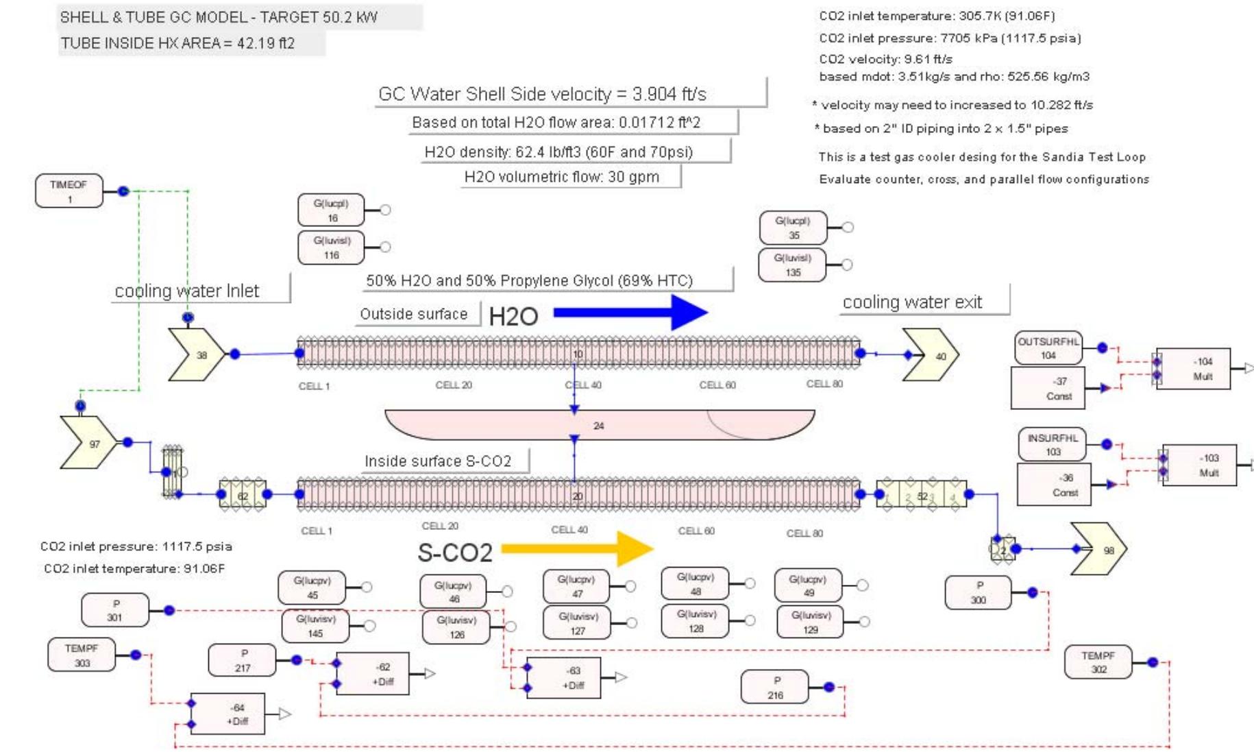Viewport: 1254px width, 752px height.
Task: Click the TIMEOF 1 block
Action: click(x=69, y=191)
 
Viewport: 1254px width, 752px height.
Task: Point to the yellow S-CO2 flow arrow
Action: click(x=576, y=548)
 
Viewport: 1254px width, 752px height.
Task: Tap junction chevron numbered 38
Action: click(x=196, y=355)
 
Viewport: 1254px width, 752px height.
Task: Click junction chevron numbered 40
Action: click(x=931, y=355)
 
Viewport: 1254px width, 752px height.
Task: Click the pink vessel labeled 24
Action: click(x=599, y=425)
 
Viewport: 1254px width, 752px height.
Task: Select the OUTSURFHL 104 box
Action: click(x=1048, y=348)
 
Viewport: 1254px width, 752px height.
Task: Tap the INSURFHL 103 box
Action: click(x=1052, y=444)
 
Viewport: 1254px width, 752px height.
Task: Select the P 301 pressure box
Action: click(x=114, y=610)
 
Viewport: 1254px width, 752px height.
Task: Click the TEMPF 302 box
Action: click(x=1098, y=662)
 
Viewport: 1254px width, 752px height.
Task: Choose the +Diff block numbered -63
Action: click(x=564, y=678)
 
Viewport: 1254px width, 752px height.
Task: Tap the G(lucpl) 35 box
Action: click(x=793, y=228)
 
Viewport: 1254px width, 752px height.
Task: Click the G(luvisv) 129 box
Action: click(x=810, y=622)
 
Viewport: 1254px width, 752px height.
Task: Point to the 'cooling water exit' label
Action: click(x=912, y=302)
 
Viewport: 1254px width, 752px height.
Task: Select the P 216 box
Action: click(x=775, y=688)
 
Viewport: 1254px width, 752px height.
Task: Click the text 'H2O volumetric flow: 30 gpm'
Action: click(x=561, y=177)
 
